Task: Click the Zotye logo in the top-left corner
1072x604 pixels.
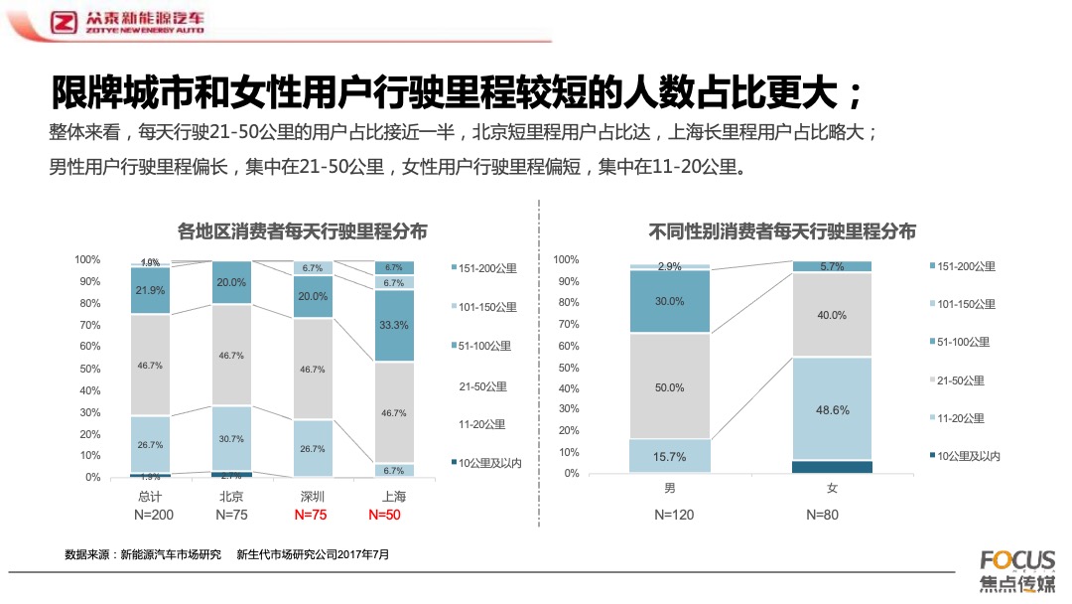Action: (66, 22)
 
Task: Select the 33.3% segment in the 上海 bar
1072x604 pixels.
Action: (393, 325)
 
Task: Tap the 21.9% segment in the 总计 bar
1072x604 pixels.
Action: (150, 289)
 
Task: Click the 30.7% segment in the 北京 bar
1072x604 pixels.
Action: (231, 438)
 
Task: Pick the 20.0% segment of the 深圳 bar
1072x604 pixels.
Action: (313, 296)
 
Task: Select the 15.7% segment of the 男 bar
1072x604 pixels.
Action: (670, 456)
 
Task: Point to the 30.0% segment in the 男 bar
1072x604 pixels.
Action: (670, 302)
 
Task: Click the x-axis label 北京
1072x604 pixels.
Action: (231, 496)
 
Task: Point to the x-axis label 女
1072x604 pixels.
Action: (832, 490)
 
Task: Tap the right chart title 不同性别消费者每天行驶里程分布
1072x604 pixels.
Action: (782, 231)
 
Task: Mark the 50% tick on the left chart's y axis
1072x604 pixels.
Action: (87, 369)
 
